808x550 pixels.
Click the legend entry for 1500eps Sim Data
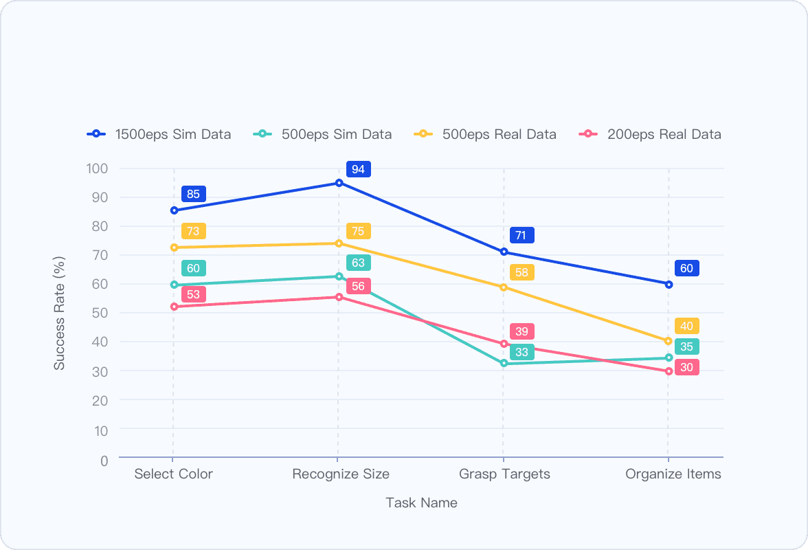(x=159, y=134)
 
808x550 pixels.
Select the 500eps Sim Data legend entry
(x=323, y=134)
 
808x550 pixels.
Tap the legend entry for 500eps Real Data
(x=485, y=134)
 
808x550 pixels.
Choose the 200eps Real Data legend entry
(x=650, y=134)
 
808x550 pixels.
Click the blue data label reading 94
(x=358, y=169)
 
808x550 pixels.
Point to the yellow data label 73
(x=193, y=231)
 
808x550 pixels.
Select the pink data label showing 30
(x=686, y=367)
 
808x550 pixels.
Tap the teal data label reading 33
(x=521, y=352)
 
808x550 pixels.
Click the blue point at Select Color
(x=174, y=210)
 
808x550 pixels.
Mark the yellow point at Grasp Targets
(x=504, y=287)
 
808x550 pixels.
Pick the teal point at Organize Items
(x=669, y=357)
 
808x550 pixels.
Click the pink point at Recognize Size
(x=339, y=297)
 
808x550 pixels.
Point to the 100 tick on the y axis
(x=97, y=168)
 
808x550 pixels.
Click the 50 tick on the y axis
(x=100, y=313)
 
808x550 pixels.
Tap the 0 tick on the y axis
(x=104, y=460)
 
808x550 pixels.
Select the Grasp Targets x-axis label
(x=504, y=474)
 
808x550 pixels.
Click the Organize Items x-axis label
(x=673, y=474)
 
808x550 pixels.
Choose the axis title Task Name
(x=421, y=503)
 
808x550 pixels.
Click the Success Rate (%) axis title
(x=60, y=313)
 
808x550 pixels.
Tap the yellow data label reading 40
(x=686, y=326)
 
